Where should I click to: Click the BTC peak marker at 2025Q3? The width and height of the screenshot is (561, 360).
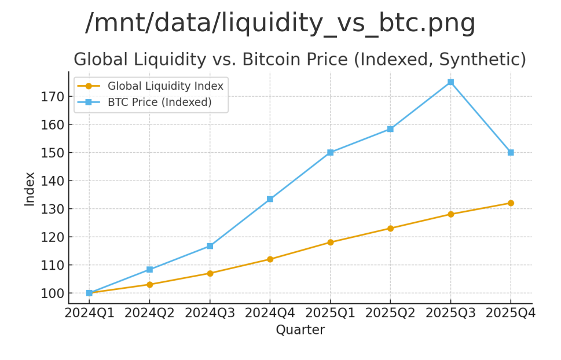pyautogui.click(x=450, y=82)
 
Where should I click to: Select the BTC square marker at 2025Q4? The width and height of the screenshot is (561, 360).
pyautogui.click(x=511, y=152)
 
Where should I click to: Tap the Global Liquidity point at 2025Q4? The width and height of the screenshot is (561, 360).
pyautogui.click(x=511, y=203)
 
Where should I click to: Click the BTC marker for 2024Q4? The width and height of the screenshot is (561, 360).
pyautogui.click(x=270, y=199)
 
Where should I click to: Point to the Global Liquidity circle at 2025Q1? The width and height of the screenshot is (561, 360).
pyautogui.click(x=330, y=243)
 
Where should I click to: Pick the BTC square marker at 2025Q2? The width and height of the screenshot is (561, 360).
pyautogui.click(x=390, y=129)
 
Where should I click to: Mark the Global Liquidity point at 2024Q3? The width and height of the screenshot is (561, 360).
pyautogui.click(x=210, y=273)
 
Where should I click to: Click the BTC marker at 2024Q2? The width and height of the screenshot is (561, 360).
pyautogui.click(x=149, y=270)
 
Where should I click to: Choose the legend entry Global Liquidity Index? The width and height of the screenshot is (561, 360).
pyautogui.click(x=165, y=86)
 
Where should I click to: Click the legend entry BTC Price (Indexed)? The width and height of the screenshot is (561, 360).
pyautogui.click(x=159, y=102)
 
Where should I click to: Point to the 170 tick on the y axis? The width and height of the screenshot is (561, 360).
pyautogui.click(x=52, y=97)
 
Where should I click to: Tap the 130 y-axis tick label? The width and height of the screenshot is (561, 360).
pyautogui.click(x=52, y=209)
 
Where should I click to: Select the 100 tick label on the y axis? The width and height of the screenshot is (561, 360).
pyautogui.click(x=52, y=293)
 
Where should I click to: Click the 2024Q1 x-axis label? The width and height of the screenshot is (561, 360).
pyautogui.click(x=89, y=313)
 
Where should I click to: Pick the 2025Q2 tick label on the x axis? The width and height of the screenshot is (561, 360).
pyautogui.click(x=390, y=313)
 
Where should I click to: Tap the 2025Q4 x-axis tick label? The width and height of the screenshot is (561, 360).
pyautogui.click(x=511, y=313)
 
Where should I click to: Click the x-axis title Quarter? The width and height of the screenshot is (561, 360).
pyautogui.click(x=300, y=330)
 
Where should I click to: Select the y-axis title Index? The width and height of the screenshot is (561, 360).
pyautogui.click(x=30, y=189)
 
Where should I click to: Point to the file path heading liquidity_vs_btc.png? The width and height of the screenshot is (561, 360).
pyautogui.click(x=280, y=23)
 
